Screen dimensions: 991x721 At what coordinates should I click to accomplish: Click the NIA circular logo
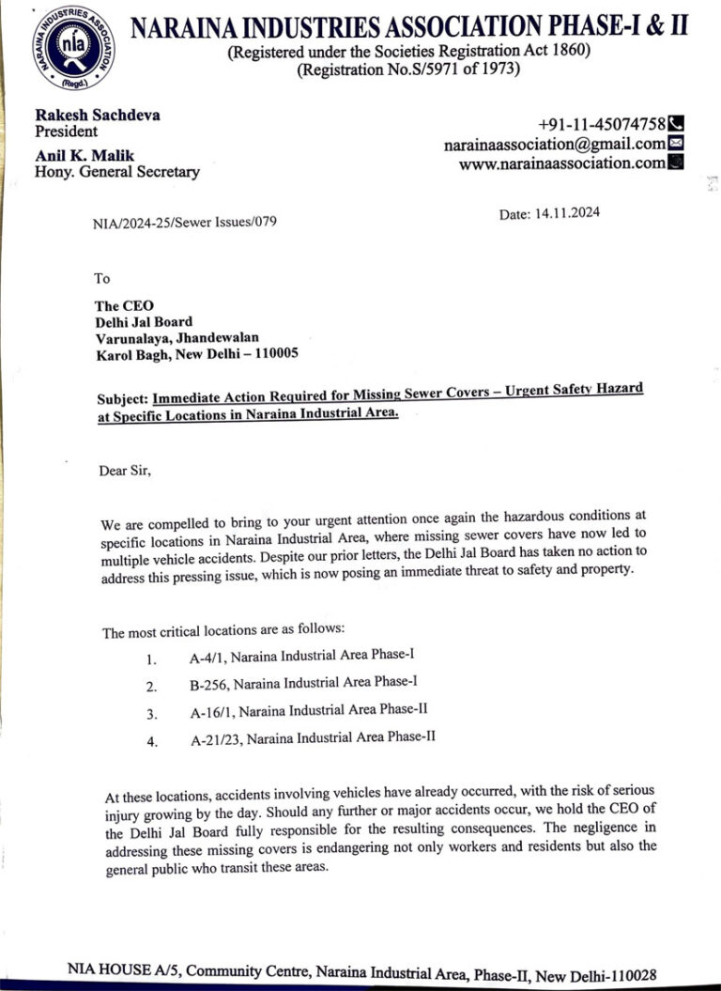73,48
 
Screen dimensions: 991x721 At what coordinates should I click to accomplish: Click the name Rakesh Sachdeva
97,115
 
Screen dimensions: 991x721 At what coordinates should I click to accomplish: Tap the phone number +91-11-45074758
601,124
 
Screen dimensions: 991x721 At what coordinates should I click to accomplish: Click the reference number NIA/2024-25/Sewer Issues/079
184,223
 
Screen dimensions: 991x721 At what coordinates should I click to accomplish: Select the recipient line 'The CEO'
124,305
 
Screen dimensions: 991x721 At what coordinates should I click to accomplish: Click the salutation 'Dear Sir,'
125,470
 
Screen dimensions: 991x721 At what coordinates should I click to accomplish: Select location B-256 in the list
211,685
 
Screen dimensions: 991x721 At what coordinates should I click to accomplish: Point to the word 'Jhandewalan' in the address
221,337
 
